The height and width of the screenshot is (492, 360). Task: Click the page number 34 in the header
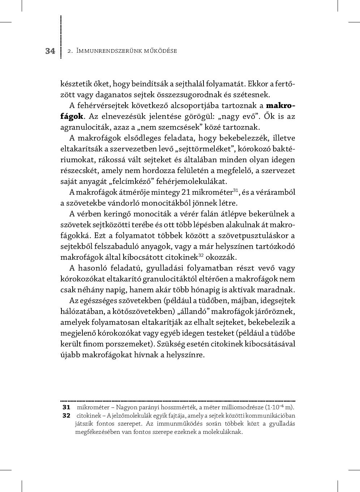tap(50, 51)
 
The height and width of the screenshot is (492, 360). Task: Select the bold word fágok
tap(72, 116)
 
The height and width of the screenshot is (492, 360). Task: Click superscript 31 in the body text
tap(235, 190)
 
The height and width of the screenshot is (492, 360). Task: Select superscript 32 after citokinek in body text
tap(202, 255)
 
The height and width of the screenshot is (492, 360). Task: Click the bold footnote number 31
tap(66, 407)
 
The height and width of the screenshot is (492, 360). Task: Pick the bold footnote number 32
tap(66, 415)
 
